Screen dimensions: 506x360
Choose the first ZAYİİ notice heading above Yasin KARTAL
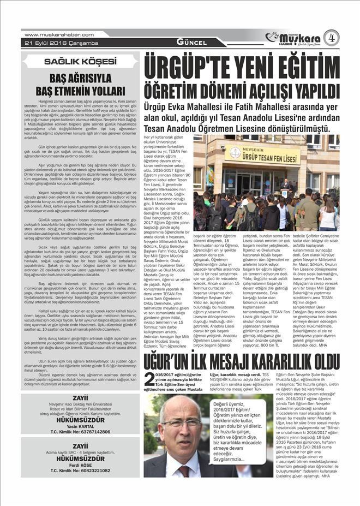click(80, 399)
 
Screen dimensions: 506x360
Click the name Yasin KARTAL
click(80, 426)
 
